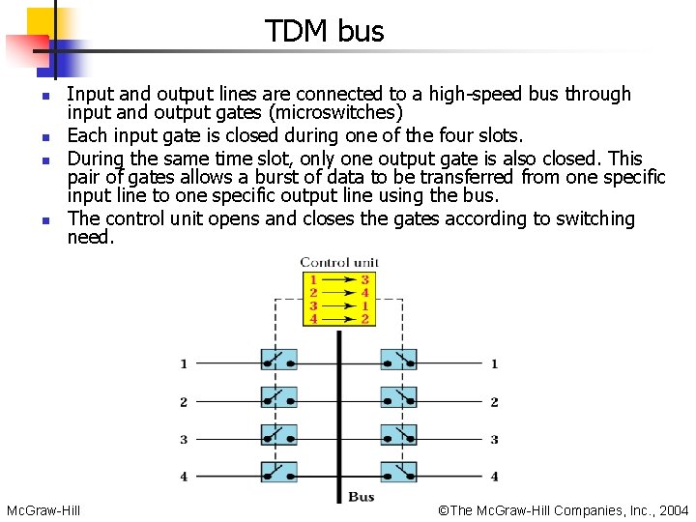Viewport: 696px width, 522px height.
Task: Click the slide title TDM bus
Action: tap(325, 31)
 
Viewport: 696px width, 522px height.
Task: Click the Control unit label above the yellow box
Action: tap(339, 262)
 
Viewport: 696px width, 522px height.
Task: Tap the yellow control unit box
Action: tap(338, 299)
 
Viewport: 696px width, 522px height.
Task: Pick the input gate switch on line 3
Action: tap(278, 436)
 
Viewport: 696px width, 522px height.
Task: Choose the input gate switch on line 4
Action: tap(278, 473)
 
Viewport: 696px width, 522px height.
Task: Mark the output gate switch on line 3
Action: tap(398, 436)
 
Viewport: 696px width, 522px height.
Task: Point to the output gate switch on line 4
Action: tap(398, 473)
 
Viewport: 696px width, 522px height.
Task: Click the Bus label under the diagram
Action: tap(361, 497)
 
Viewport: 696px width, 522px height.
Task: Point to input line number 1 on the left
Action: tap(184, 364)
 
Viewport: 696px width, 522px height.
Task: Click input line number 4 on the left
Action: tap(184, 477)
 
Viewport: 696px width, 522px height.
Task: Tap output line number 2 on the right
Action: tap(494, 402)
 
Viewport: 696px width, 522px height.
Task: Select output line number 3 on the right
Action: tap(494, 439)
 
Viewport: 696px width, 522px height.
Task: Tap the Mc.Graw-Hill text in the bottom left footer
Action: tap(43, 509)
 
